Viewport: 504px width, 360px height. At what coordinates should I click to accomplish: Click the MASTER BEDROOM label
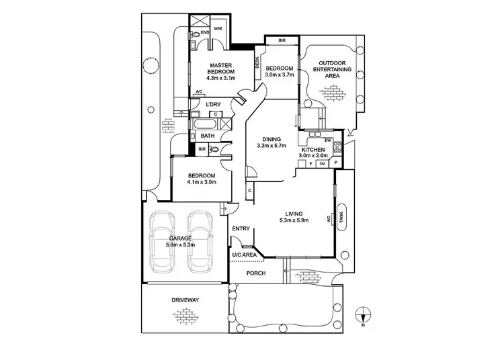point(220,68)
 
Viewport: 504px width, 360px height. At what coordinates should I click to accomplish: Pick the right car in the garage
point(200,241)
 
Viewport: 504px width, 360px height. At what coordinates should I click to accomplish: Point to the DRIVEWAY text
point(185,300)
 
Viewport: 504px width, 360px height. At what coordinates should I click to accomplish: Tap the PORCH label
point(255,273)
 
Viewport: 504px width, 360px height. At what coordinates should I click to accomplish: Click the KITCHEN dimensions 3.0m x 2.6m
point(314,156)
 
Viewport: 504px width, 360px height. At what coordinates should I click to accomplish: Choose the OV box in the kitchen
point(322,163)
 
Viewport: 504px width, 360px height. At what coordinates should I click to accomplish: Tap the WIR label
point(218,28)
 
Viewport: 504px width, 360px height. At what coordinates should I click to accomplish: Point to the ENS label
point(204,32)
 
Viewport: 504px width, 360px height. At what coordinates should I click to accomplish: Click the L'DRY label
point(214,104)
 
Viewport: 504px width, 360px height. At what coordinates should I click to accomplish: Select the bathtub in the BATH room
point(204,124)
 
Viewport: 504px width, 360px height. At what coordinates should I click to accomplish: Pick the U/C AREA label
point(244,255)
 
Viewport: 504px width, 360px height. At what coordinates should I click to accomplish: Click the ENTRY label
point(241,229)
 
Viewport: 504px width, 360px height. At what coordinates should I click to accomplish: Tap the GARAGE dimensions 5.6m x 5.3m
point(181,245)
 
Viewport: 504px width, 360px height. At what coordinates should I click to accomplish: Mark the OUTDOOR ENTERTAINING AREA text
point(337,69)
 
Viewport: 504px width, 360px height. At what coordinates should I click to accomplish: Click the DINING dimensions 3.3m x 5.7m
point(271,145)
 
